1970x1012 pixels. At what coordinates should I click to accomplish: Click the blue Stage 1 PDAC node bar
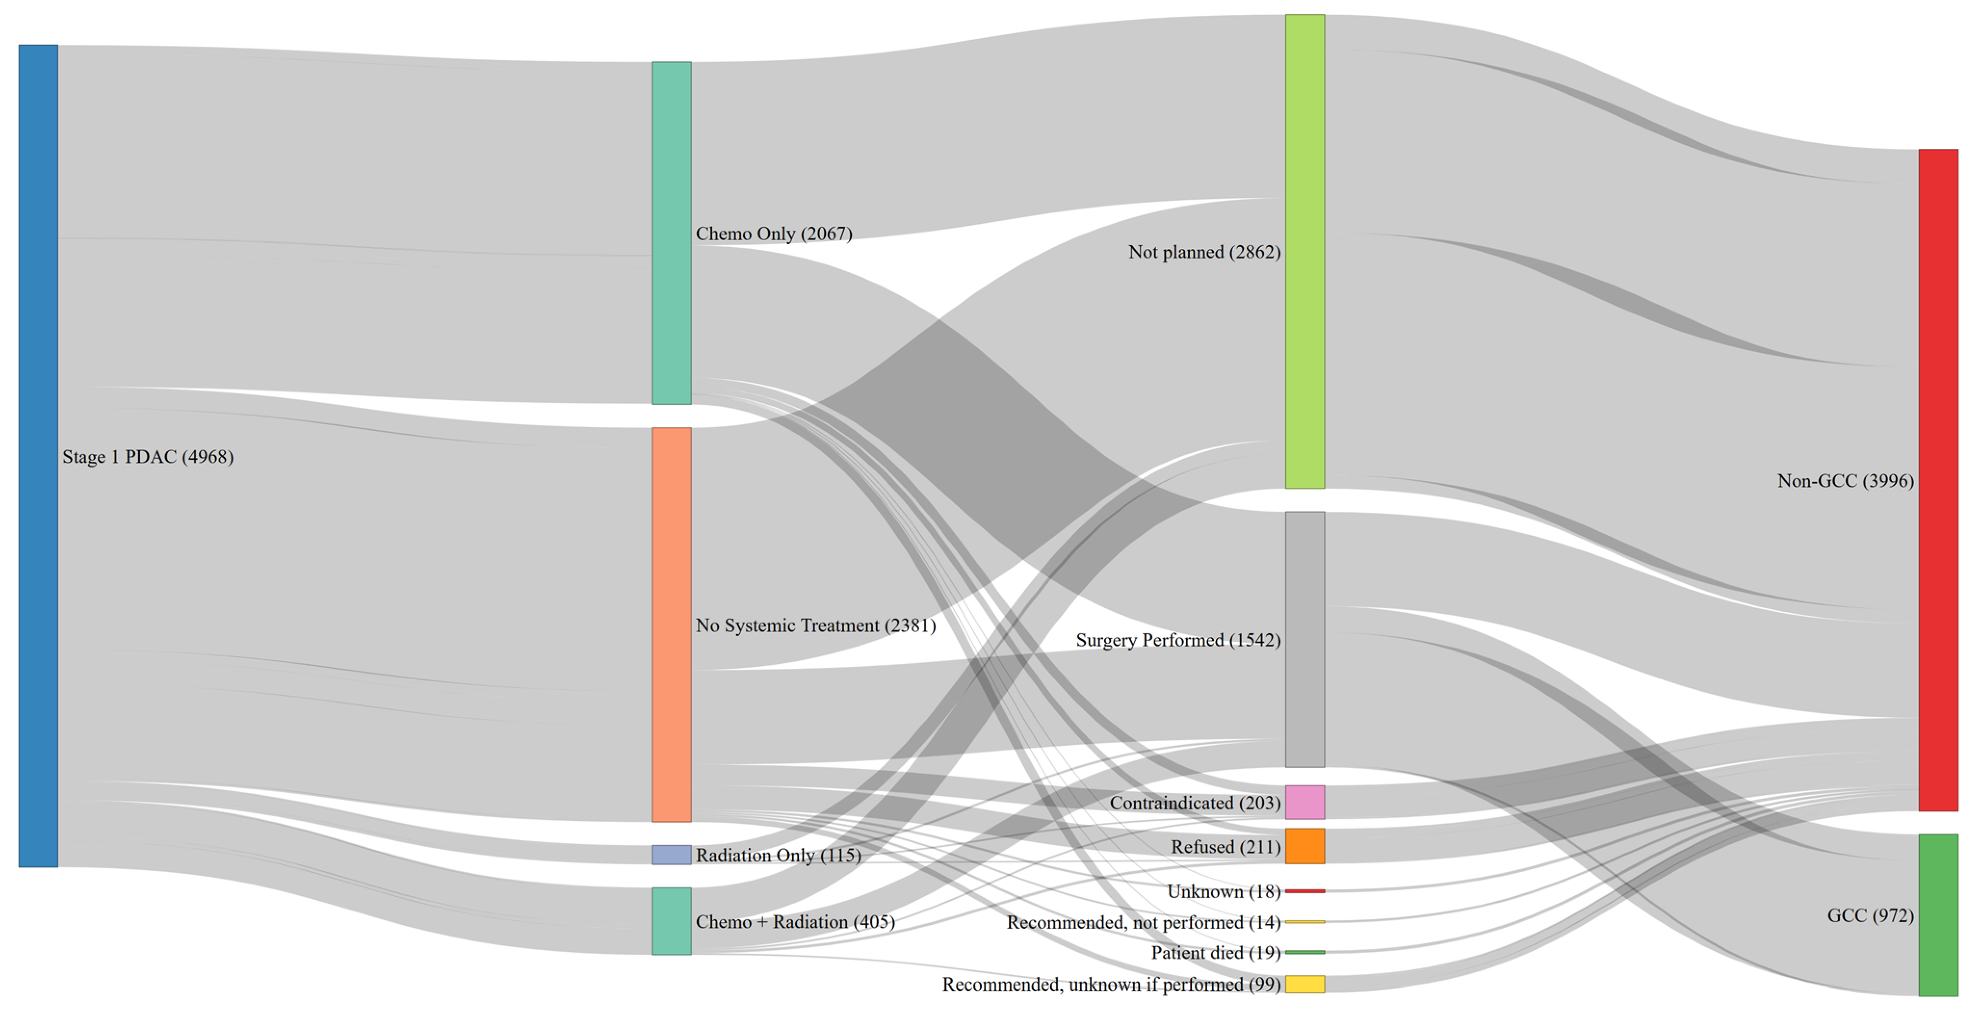coord(38,455)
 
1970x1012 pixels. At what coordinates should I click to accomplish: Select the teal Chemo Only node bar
coord(671,233)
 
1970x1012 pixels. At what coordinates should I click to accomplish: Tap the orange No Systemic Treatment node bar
coord(671,624)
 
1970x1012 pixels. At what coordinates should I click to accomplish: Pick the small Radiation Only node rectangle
coord(671,855)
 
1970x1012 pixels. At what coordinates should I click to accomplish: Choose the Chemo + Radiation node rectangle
coord(671,921)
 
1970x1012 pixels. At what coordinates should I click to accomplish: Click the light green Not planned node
coord(1305,251)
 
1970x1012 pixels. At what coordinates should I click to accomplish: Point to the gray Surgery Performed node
coord(1305,639)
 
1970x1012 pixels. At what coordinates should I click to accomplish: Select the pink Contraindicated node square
coord(1305,802)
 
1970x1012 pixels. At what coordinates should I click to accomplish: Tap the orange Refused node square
coord(1305,846)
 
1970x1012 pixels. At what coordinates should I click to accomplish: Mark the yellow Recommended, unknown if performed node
coord(1305,984)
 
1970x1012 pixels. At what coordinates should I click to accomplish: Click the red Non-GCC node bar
coord(1938,480)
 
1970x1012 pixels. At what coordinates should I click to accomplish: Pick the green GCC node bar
coord(1938,915)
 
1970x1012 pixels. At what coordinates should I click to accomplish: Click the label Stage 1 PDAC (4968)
coord(148,457)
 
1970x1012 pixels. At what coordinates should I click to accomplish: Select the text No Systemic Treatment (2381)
coord(815,626)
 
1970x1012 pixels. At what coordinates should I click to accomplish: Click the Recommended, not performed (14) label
coord(1143,922)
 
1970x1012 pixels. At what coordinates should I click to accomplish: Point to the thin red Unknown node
coord(1305,891)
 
